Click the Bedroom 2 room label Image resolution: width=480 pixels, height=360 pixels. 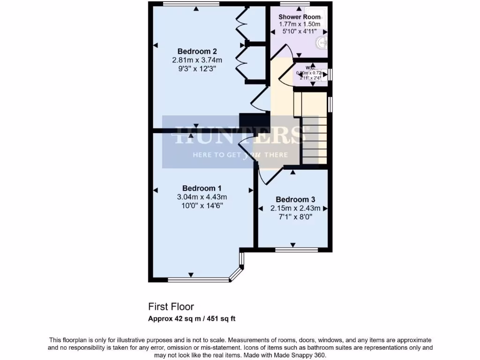[196, 51]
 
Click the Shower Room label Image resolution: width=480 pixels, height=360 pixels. [300, 17]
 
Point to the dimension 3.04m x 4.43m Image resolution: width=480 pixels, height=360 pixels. [202, 197]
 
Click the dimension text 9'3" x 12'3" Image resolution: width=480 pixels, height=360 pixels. [196, 68]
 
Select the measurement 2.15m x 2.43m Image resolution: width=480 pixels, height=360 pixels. [295, 208]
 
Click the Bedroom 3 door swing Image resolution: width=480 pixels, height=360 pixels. [270, 176]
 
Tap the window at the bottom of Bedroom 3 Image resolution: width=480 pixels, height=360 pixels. [297, 249]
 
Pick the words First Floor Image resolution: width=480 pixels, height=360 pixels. [171, 307]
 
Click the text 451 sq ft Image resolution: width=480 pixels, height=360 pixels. [219, 319]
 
